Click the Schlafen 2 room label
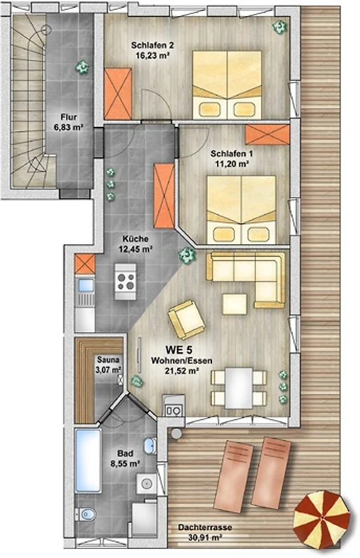(152, 45)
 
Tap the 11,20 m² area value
(232, 164)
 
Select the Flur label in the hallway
(69, 117)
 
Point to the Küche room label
(135, 239)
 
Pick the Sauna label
(108, 360)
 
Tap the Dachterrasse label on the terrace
(205, 527)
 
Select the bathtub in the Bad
(88, 461)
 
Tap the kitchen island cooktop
(126, 281)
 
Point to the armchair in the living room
(186, 319)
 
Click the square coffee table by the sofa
(234, 304)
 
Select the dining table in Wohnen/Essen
(239, 388)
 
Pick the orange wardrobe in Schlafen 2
(118, 93)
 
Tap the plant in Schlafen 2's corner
(280, 27)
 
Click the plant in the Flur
(82, 66)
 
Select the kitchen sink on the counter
(85, 285)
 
